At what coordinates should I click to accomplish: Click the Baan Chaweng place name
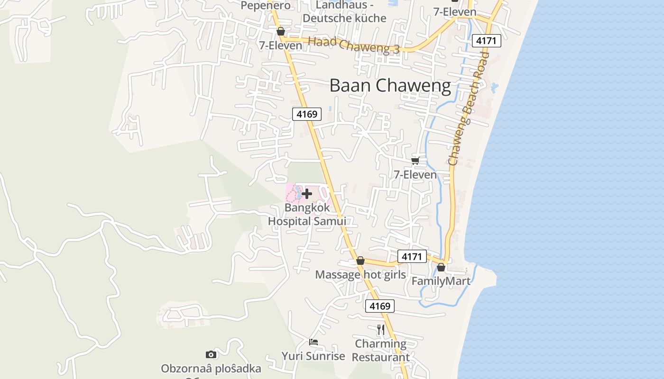coord(390,86)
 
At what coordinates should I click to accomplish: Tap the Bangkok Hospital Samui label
coord(307,215)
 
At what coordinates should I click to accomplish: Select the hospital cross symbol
coord(307,193)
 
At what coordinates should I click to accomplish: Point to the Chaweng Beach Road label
coord(468,109)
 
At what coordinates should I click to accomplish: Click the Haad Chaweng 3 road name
coord(354,45)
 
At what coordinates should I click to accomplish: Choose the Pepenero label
coord(266,6)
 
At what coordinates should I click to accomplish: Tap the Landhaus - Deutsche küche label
coord(344,12)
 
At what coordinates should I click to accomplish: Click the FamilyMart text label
coord(441,281)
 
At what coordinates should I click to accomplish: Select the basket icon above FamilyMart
coord(441,267)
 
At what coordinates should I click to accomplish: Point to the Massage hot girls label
coord(360,275)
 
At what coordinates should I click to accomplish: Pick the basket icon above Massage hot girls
coord(360,261)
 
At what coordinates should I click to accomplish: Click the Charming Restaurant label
coord(381,350)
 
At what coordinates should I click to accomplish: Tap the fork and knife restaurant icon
coord(381,329)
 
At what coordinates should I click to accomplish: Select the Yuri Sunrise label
coord(313,356)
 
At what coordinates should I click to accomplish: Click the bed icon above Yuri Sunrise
coord(314,342)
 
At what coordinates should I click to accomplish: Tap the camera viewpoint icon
coord(211,354)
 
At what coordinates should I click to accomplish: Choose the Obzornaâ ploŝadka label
coord(211,369)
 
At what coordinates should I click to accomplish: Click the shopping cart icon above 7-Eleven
coord(415,161)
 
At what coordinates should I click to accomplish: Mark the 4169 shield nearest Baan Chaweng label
coord(307,114)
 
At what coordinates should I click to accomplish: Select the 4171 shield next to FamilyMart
coord(412,256)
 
